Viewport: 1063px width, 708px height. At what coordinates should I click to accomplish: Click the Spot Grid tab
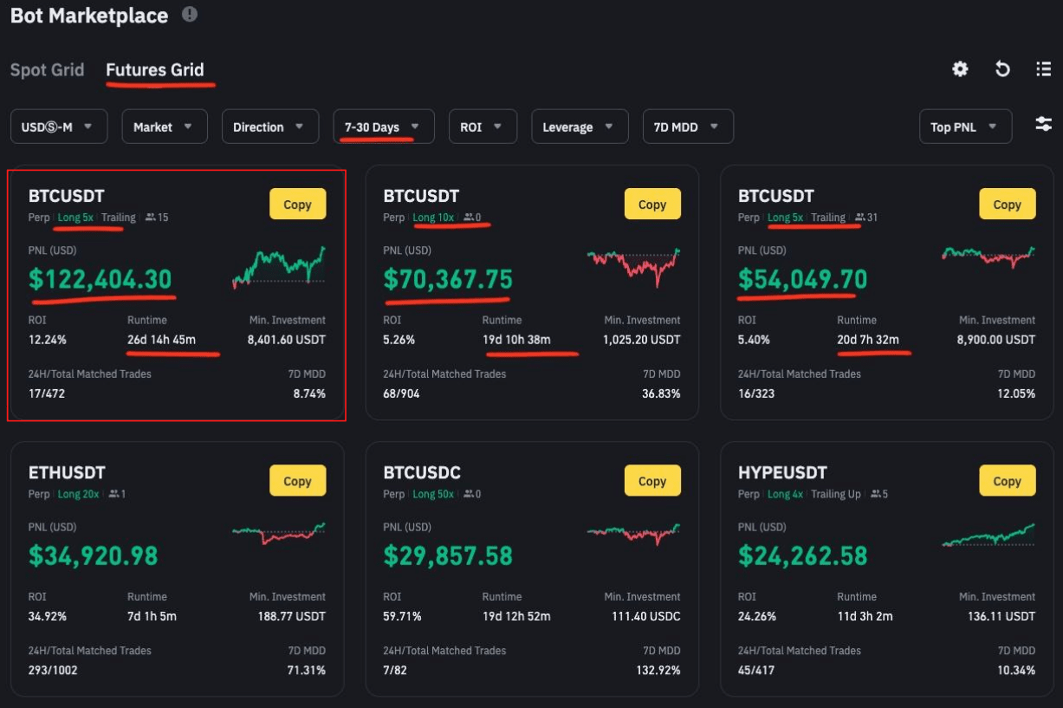(x=47, y=70)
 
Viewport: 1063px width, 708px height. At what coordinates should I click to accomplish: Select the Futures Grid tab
(x=155, y=70)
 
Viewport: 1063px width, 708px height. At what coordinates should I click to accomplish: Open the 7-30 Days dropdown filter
(x=382, y=127)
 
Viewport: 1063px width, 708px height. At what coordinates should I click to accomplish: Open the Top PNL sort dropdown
(x=964, y=127)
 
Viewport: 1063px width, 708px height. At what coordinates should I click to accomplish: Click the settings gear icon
(x=960, y=69)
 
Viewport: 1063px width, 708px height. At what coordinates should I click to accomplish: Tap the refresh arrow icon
(x=1002, y=69)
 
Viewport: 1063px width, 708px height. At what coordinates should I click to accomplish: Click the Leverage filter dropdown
(x=578, y=127)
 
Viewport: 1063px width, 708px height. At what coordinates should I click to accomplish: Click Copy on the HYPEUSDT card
(x=1007, y=481)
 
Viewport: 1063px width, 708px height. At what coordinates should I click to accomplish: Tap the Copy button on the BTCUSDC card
(x=652, y=481)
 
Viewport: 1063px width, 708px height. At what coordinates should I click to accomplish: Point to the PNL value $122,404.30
(x=100, y=279)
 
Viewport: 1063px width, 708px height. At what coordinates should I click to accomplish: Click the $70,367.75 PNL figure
(x=448, y=279)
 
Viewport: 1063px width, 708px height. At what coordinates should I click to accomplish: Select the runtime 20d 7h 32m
(x=868, y=340)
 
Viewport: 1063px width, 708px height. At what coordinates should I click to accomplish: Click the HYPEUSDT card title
(x=782, y=473)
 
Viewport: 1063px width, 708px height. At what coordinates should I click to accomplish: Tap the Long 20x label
(x=78, y=494)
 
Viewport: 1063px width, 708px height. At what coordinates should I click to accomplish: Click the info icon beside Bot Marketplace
(x=190, y=15)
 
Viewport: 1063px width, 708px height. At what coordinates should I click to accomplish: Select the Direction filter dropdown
(x=269, y=127)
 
